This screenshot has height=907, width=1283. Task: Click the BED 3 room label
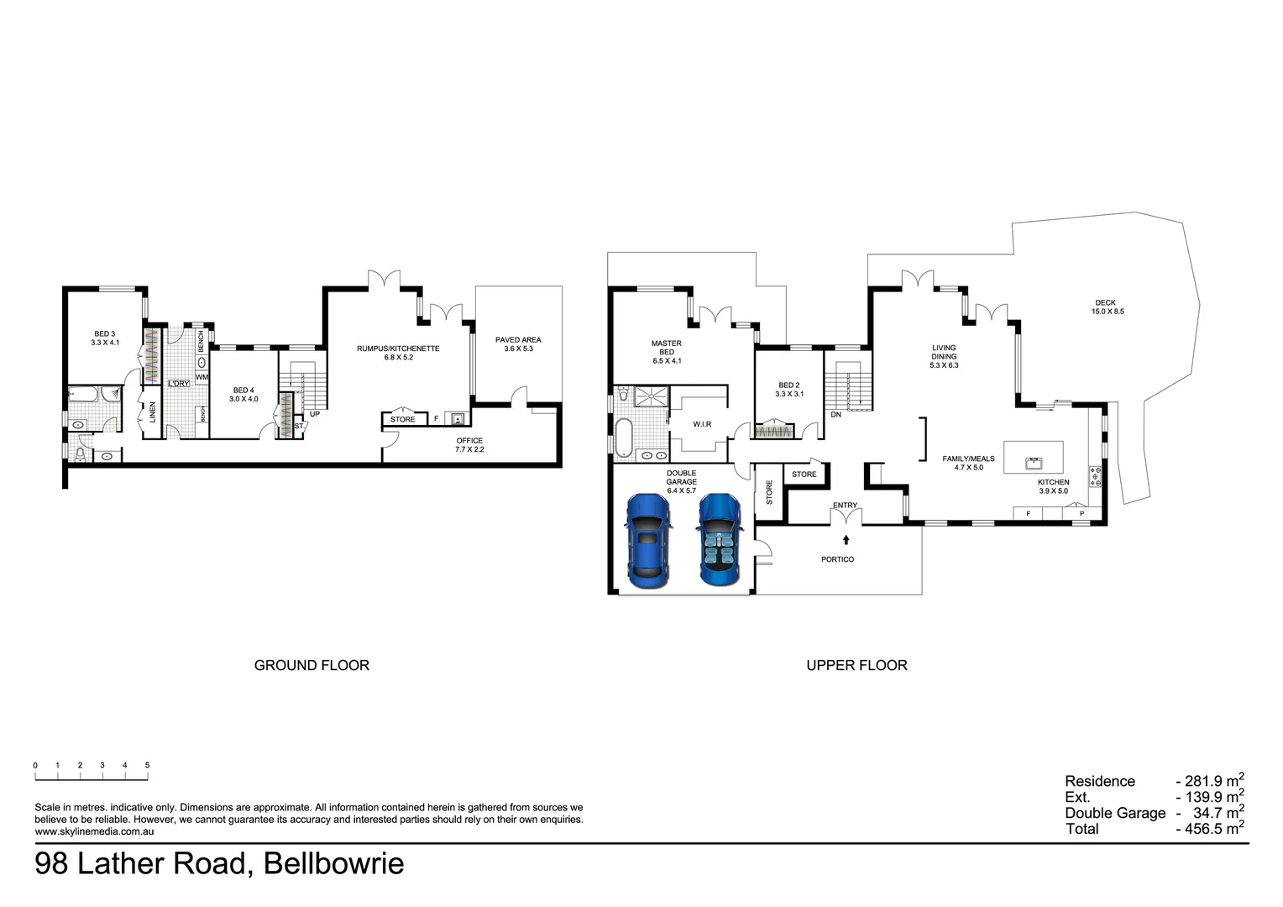coord(105,338)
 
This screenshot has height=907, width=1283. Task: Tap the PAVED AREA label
coord(518,343)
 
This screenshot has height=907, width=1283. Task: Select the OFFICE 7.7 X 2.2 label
coord(469,444)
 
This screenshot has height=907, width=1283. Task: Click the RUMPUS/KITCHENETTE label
coord(398,353)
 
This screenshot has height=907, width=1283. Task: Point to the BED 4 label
coord(244,394)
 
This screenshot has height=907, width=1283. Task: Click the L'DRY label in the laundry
coord(179,383)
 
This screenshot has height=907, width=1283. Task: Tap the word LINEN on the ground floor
coord(152,412)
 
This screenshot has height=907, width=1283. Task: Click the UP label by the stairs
coord(314,414)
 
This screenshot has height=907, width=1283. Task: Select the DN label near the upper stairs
coord(835,414)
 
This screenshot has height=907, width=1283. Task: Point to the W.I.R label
coord(702,424)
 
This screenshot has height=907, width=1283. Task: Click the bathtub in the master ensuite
coord(623,438)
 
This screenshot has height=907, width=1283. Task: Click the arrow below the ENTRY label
coord(846,539)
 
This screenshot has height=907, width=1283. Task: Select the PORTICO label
coord(837,559)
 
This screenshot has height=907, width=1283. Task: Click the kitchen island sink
coord(1034,463)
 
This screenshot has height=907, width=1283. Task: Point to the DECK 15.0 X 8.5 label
coord(1108,307)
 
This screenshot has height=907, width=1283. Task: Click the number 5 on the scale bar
coord(147,765)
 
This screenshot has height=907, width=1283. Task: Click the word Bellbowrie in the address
coord(334,863)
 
